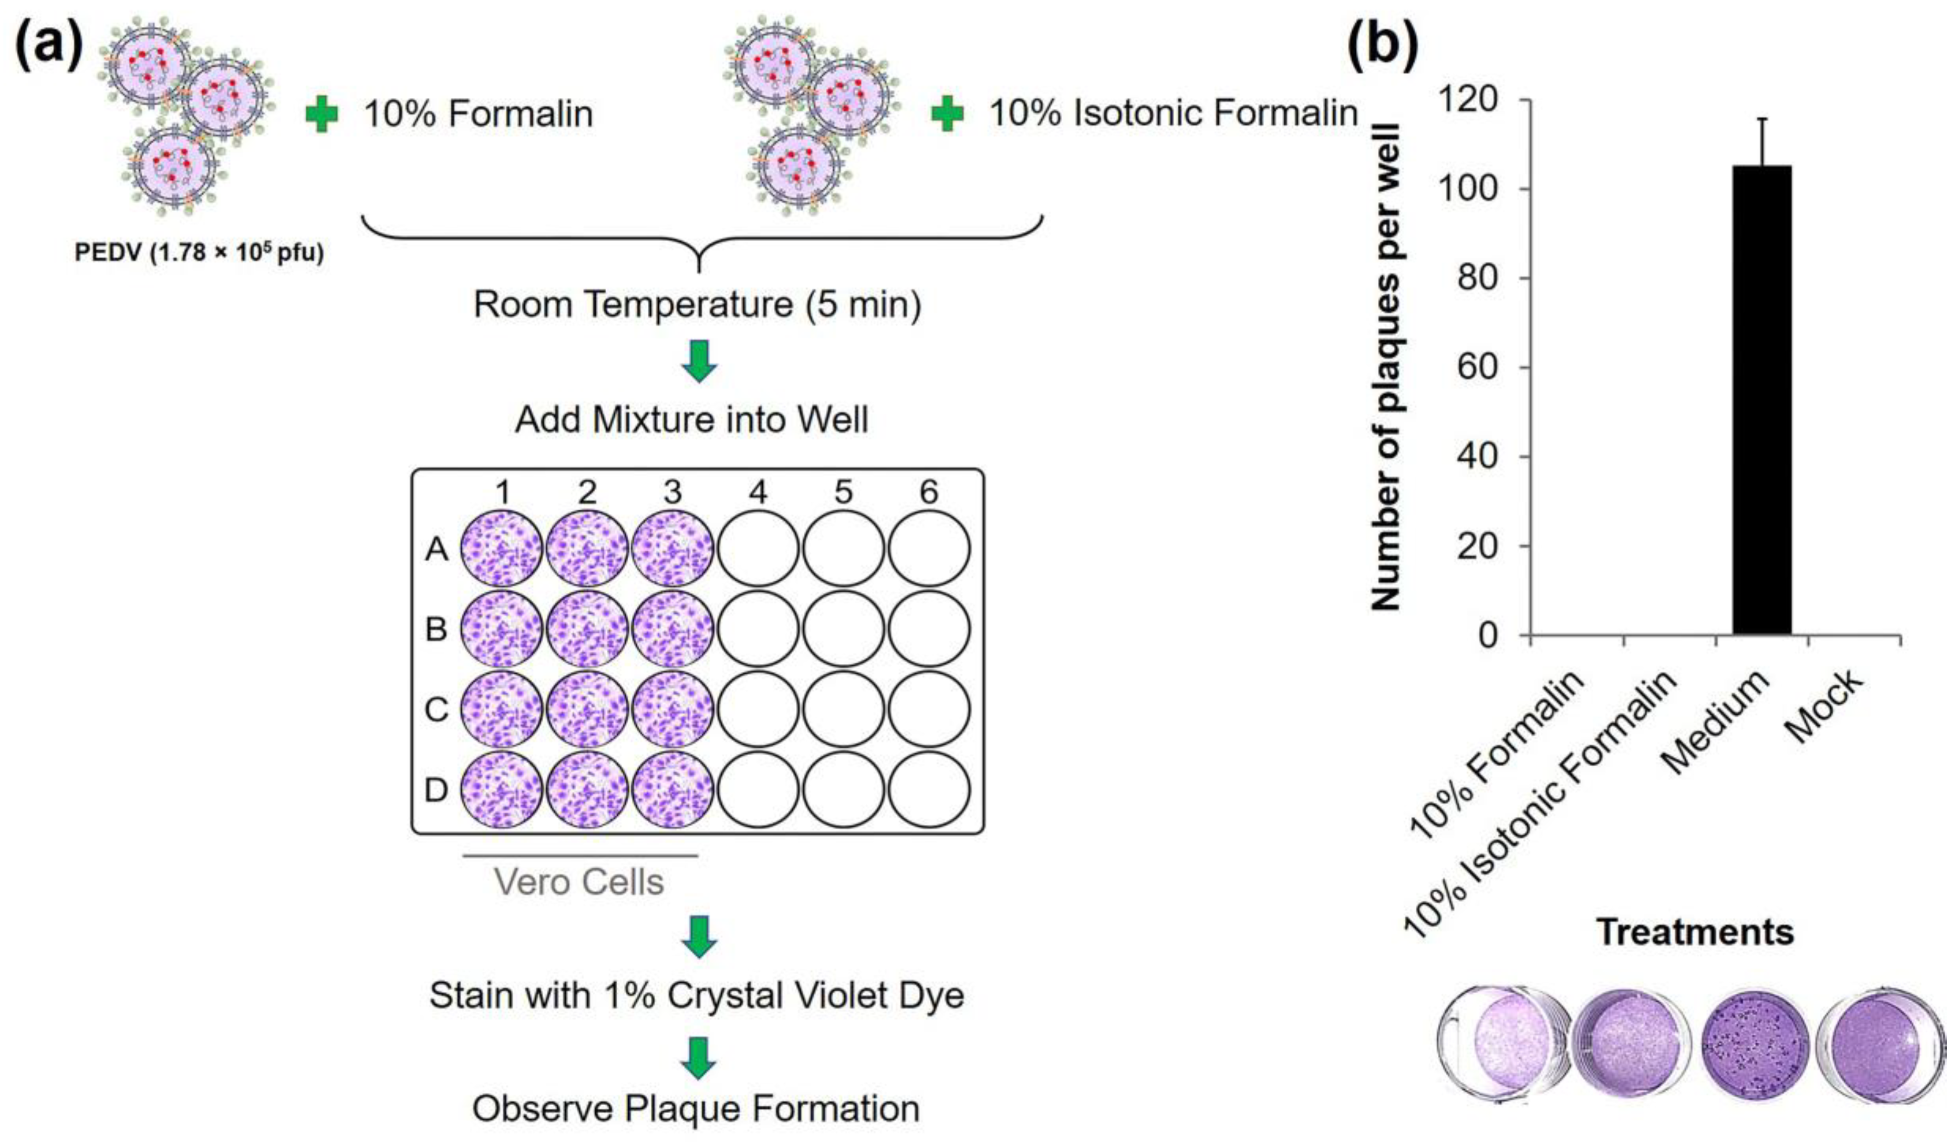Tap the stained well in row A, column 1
[502, 549]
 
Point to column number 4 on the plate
[758, 492]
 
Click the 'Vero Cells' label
[579, 881]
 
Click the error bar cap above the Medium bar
[1762, 119]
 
